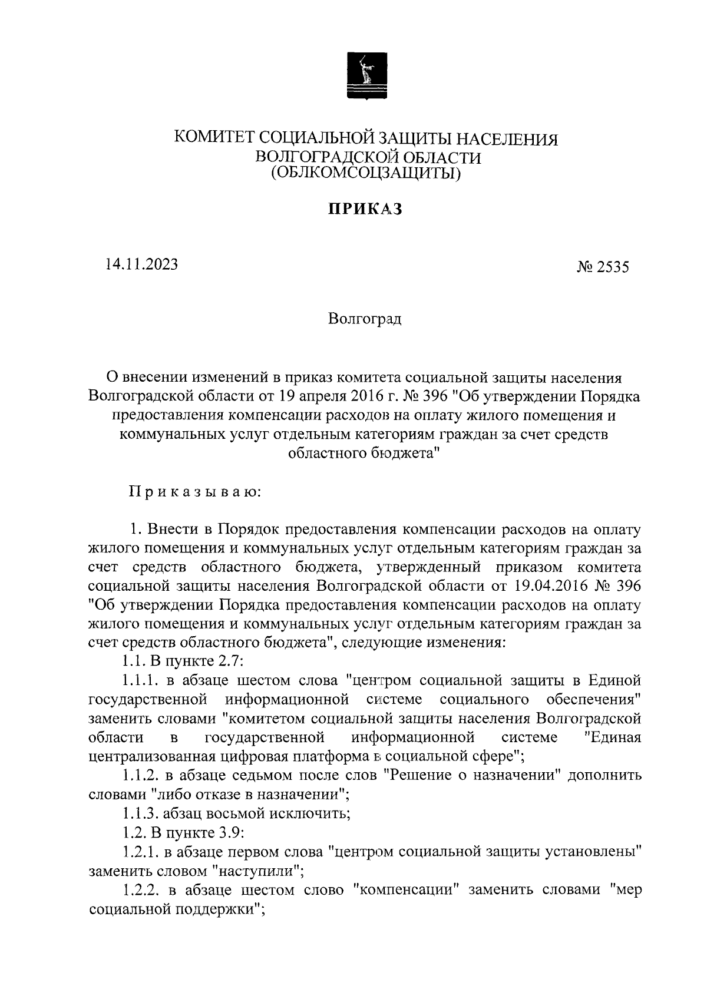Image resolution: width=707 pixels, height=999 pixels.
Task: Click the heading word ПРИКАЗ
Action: pyautogui.click(x=364, y=209)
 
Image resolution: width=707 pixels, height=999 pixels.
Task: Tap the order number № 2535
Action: pyautogui.click(x=603, y=267)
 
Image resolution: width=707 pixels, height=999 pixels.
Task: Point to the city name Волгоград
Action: pyautogui.click(x=365, y=320)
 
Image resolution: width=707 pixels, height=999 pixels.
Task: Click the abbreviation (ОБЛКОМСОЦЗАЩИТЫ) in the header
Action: pyautogui.click(x=365, y=174)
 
